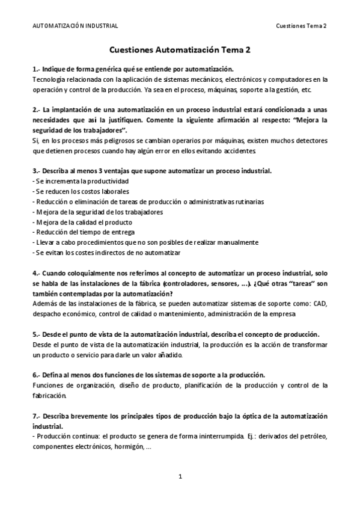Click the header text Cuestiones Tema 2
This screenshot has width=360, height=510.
click(x=301, y=26)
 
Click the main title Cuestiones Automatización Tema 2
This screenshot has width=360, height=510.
click(x=180, y=52)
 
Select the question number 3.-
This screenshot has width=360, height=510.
click(x=37, y=171)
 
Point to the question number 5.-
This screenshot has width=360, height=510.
click(x=37, y=334)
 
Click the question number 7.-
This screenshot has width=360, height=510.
click(x=37, y=416)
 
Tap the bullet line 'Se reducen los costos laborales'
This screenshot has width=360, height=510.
click(x=79, y=191)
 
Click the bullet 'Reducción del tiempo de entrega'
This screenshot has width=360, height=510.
click(x=84, y=232)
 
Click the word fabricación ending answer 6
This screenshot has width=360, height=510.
click(x=50, y=396)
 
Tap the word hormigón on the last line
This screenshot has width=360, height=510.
click(x=127, y=447)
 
